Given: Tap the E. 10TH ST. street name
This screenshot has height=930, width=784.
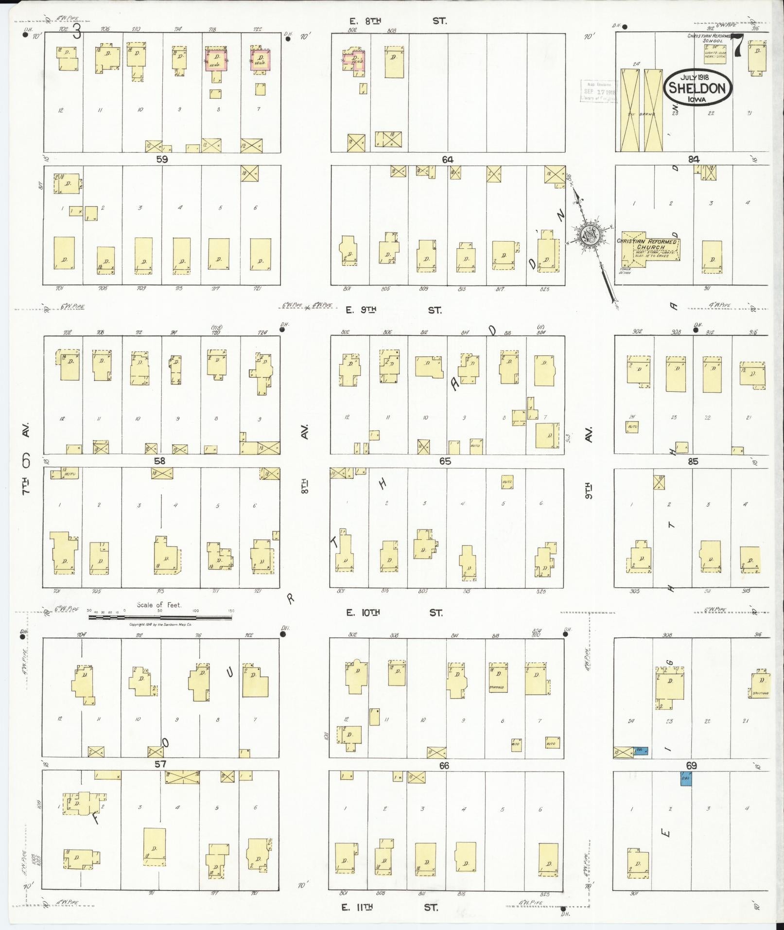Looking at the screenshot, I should point(394,613).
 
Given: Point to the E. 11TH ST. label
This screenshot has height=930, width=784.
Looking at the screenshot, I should point(390,907).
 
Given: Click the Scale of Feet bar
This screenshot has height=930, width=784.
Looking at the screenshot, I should point(160,617).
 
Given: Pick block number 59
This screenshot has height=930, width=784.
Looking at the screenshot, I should point(162,159).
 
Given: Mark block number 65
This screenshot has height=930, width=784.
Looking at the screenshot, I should point(445,461).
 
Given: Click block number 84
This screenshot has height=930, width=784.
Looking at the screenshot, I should point(693,159).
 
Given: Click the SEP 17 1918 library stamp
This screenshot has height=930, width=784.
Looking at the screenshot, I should point(598,91).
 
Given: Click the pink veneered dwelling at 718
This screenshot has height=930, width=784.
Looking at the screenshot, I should point(214,60).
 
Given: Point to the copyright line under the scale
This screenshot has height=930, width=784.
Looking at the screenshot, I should point(160,624).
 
